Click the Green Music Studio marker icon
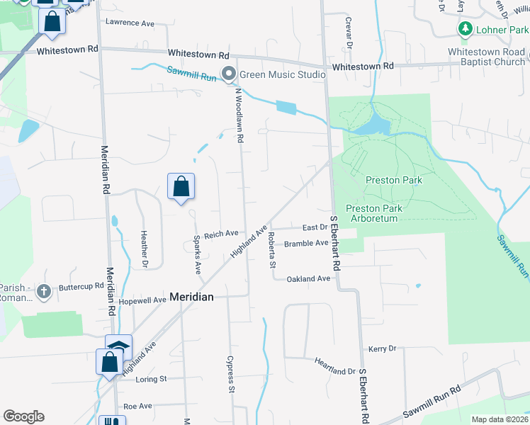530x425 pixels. click(228, 74)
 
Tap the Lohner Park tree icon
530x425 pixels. click(465, 30)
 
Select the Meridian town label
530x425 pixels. click(191, 297)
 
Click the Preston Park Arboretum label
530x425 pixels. click(374, 213)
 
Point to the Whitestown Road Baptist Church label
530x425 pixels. click(486, 57)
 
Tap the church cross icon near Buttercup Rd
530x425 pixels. click(44, 291)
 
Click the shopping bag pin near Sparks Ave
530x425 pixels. click(181, 187)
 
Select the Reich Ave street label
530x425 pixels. click(221, 233)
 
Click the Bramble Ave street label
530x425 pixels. click(306, 243)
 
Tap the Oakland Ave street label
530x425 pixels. click(308, 279)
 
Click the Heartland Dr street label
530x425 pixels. click(334, 370)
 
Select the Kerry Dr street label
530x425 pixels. click(382, 349)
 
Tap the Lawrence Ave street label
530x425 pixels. click(130, 23)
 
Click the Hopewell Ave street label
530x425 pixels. click(142, 300)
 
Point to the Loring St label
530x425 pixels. click(150, 379)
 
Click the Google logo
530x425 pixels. click(23, 416)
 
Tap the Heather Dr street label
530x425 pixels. click(144, 250)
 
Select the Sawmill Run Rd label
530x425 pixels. click(432, 402)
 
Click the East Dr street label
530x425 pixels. click(315, 227)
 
